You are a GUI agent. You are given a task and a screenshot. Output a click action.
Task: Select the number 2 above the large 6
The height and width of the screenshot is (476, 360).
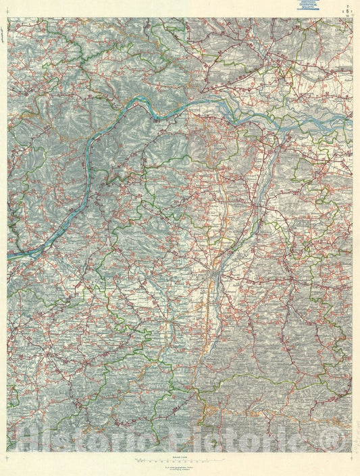tap(349, 5)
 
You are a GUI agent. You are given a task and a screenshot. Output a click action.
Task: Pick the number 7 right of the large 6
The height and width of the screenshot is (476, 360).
tap(353, 12)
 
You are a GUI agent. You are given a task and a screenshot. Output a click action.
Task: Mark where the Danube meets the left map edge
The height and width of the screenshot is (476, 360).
tap(9, 255)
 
